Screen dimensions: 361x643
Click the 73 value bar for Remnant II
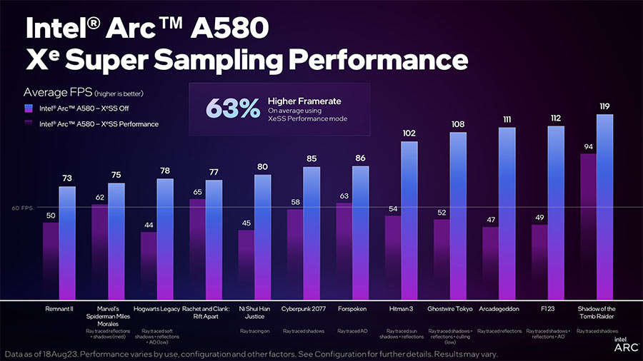tap(67, 243)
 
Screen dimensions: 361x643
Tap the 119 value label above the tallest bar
tap(604, 106)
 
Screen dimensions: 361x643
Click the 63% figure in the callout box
tap(233, 108)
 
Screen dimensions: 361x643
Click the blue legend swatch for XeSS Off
tap(27, 108)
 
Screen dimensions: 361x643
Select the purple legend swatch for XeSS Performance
tap(27, 124)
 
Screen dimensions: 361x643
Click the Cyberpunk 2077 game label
tap(304, 309)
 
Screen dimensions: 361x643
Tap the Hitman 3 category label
tap(402, 309)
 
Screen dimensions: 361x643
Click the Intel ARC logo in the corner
tap(623, 345)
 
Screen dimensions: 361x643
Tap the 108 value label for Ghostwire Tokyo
tap(459, 124)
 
